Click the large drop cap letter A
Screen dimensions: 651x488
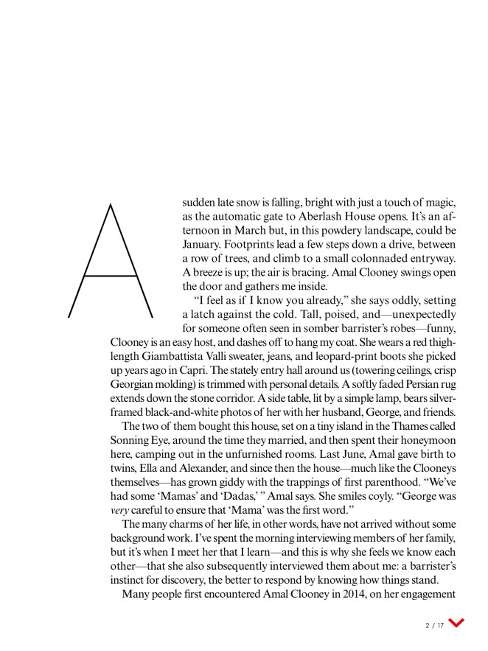coord(110,260)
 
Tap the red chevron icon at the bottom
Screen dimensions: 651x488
coord(457,624)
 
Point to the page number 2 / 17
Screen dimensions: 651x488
coord(434,625)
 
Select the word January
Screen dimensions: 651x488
coord(205,244)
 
